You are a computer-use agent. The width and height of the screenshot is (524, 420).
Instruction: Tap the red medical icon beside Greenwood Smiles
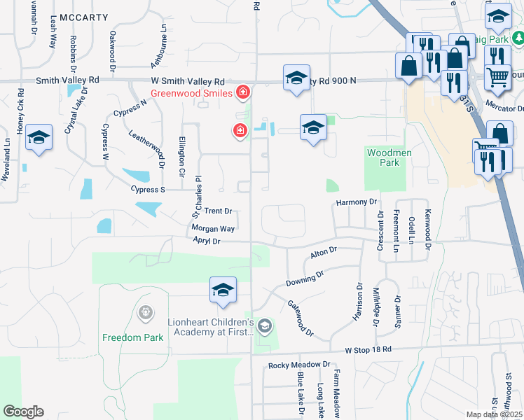click(243, 92)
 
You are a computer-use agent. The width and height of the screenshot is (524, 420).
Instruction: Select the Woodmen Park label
click(382, 157)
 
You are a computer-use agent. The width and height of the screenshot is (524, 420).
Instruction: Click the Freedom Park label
click(132, 337)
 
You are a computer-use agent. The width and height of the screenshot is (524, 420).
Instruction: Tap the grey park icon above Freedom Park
click(146, 311)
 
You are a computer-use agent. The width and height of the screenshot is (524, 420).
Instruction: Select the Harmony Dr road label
click(357, 202)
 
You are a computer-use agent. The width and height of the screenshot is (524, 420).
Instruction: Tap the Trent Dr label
click(218, 211)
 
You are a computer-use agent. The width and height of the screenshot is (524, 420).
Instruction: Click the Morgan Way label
click(213, 228)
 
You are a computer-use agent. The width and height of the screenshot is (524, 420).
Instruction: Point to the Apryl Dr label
click(207, 241)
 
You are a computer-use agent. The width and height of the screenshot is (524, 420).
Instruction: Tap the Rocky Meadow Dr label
click(299, 365)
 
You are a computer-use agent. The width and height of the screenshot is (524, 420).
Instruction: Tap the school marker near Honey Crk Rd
click(39, 137)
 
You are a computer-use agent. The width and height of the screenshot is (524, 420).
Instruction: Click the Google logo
click(23, 412)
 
